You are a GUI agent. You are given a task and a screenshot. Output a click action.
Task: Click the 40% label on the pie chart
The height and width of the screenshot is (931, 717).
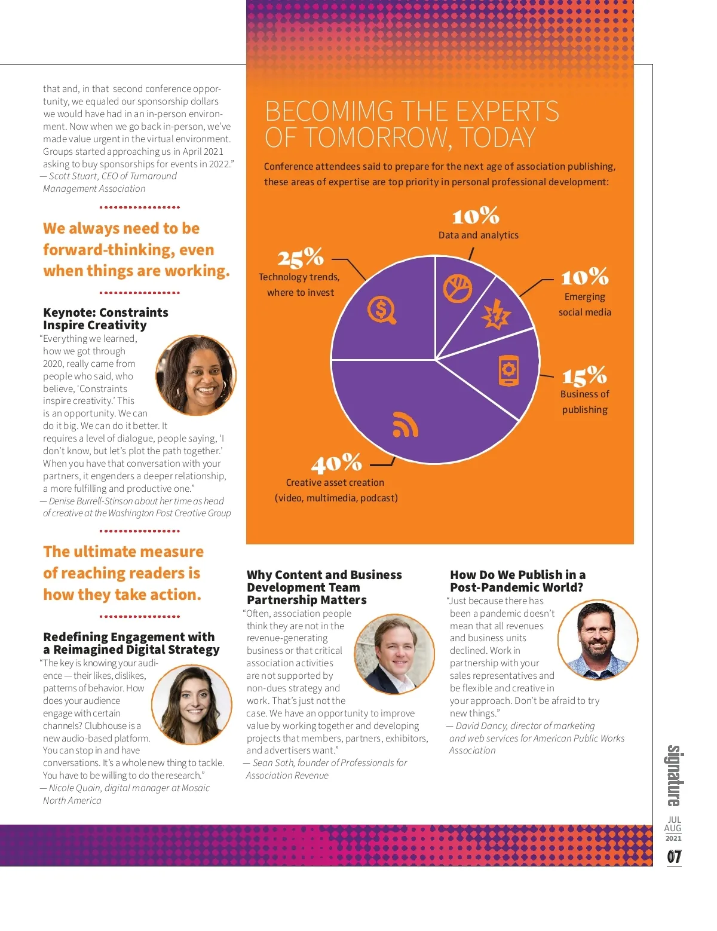tap(336, 463)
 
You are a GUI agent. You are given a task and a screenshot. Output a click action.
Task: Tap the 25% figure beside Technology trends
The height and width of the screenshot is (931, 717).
tap(300, 258)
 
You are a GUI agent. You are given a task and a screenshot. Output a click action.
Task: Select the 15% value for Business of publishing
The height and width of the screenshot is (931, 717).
tap(584, 376)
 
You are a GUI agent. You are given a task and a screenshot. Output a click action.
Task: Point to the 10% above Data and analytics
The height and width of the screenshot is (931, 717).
tap(476, 216)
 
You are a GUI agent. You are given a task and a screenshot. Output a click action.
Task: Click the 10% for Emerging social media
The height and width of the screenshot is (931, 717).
tap(584, 277)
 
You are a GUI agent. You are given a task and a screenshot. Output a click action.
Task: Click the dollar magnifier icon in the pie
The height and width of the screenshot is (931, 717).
tap(382, 310)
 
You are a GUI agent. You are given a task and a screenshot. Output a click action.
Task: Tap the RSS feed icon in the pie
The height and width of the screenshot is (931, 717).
tap(405, 424)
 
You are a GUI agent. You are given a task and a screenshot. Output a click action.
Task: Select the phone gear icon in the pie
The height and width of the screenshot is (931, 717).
tap(508, 370)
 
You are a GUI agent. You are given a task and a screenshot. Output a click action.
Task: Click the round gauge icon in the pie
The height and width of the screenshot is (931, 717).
tap(458, 289)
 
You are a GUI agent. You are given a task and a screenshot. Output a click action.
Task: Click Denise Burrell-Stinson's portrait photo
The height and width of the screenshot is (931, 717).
tap(196, 375)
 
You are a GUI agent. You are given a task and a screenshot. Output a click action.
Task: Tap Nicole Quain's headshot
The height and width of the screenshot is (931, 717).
tap(192, 705)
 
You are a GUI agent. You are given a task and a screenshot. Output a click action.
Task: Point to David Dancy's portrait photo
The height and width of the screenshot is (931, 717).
tap(597, 640)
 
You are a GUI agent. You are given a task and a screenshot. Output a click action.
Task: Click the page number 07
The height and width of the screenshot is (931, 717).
tap(674, 857)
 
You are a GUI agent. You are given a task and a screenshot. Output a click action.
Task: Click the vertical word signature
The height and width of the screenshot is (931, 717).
tap(674, 776)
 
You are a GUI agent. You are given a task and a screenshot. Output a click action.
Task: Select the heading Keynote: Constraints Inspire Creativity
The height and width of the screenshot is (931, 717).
tap(106, 318)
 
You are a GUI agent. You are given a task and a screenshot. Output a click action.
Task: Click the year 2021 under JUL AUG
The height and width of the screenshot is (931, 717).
tap(673, 838)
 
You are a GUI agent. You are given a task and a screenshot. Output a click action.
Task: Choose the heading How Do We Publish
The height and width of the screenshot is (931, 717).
tap(517, 581)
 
